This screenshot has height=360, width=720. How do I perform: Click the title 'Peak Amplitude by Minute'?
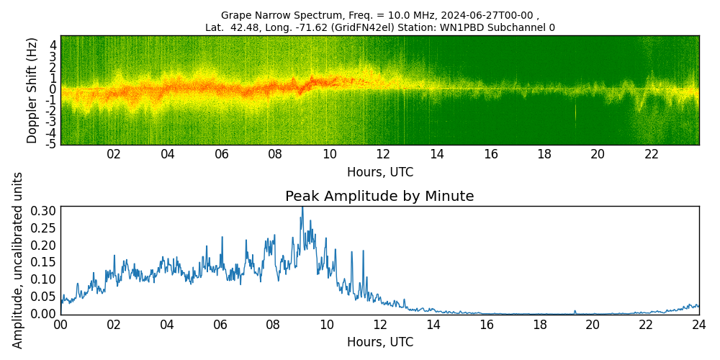(379, 196)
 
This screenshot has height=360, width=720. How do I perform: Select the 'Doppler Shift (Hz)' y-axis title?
(32, 90)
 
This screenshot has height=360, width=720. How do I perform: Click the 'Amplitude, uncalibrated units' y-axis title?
(18, 260)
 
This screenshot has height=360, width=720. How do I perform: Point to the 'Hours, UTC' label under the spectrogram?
(379, 172)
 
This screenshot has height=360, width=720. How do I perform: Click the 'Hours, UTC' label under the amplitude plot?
(379, 342)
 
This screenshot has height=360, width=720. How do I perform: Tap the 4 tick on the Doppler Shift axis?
(53, 45)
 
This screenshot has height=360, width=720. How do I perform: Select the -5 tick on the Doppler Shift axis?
(51, 144)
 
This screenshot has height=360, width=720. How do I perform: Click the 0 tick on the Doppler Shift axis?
(53, 89)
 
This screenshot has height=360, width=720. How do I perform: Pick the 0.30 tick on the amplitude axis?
(43, 210)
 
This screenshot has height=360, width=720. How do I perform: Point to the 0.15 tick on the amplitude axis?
(43, 262)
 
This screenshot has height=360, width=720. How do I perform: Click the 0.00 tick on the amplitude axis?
(43, 313)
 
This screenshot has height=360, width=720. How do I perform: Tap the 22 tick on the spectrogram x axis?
(652, 154)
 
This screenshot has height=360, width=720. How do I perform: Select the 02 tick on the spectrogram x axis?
(114, 154)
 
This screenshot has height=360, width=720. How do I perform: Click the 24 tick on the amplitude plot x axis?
(698, 325)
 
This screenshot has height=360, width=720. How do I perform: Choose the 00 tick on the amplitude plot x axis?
(60, 325)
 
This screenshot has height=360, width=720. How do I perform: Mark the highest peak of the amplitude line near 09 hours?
(302, 208)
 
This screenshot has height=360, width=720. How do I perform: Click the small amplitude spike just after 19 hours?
(575, 311)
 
